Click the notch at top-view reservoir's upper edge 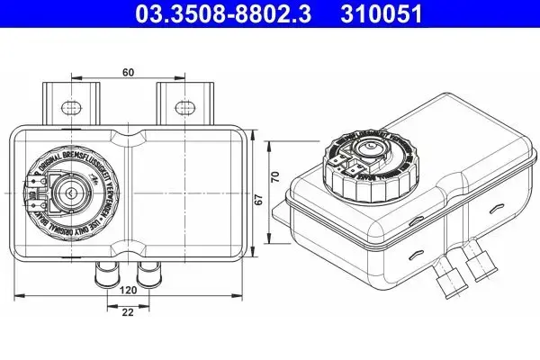point(133,137)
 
